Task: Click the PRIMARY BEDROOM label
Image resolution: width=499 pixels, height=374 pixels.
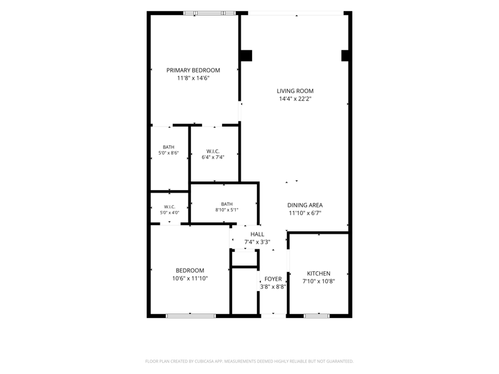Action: pos(193,70)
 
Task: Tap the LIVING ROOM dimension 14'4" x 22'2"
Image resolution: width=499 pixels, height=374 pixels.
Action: pos(295,99)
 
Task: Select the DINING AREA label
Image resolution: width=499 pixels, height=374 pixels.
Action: pos(305,205)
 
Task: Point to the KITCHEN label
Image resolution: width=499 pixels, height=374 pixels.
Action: pos(319,274)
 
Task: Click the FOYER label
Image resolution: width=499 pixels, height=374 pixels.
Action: pos(273,279)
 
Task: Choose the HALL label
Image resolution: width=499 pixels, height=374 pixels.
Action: pos(257,234)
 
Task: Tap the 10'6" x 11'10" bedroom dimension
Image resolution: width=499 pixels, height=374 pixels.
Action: pos(190,279)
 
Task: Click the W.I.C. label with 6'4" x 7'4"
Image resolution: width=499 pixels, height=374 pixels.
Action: pos(213,151)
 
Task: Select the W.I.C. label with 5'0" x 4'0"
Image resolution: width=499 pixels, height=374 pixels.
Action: pos(170,207)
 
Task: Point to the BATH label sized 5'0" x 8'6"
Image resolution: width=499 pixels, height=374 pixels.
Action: pos(168,147)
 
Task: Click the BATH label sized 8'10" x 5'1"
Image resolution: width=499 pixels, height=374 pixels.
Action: pos(227,204)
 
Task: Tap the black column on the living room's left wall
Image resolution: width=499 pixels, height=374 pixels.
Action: pos(246,55)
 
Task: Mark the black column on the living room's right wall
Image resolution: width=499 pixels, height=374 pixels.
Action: pos(346,55)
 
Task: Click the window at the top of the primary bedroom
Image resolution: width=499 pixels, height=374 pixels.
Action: pos(210,13)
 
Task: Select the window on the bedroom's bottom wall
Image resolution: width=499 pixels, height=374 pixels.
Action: pos(191,316)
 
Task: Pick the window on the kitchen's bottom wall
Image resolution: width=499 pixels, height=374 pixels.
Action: pos(317,316)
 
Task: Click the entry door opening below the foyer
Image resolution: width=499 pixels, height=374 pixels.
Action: pos(273,316)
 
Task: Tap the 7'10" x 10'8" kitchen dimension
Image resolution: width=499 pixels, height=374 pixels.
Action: pos(319,282)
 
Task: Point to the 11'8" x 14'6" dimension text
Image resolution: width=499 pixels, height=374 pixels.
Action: pos(193,79)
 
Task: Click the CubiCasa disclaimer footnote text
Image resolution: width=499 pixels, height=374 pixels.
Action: pos(249,362)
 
